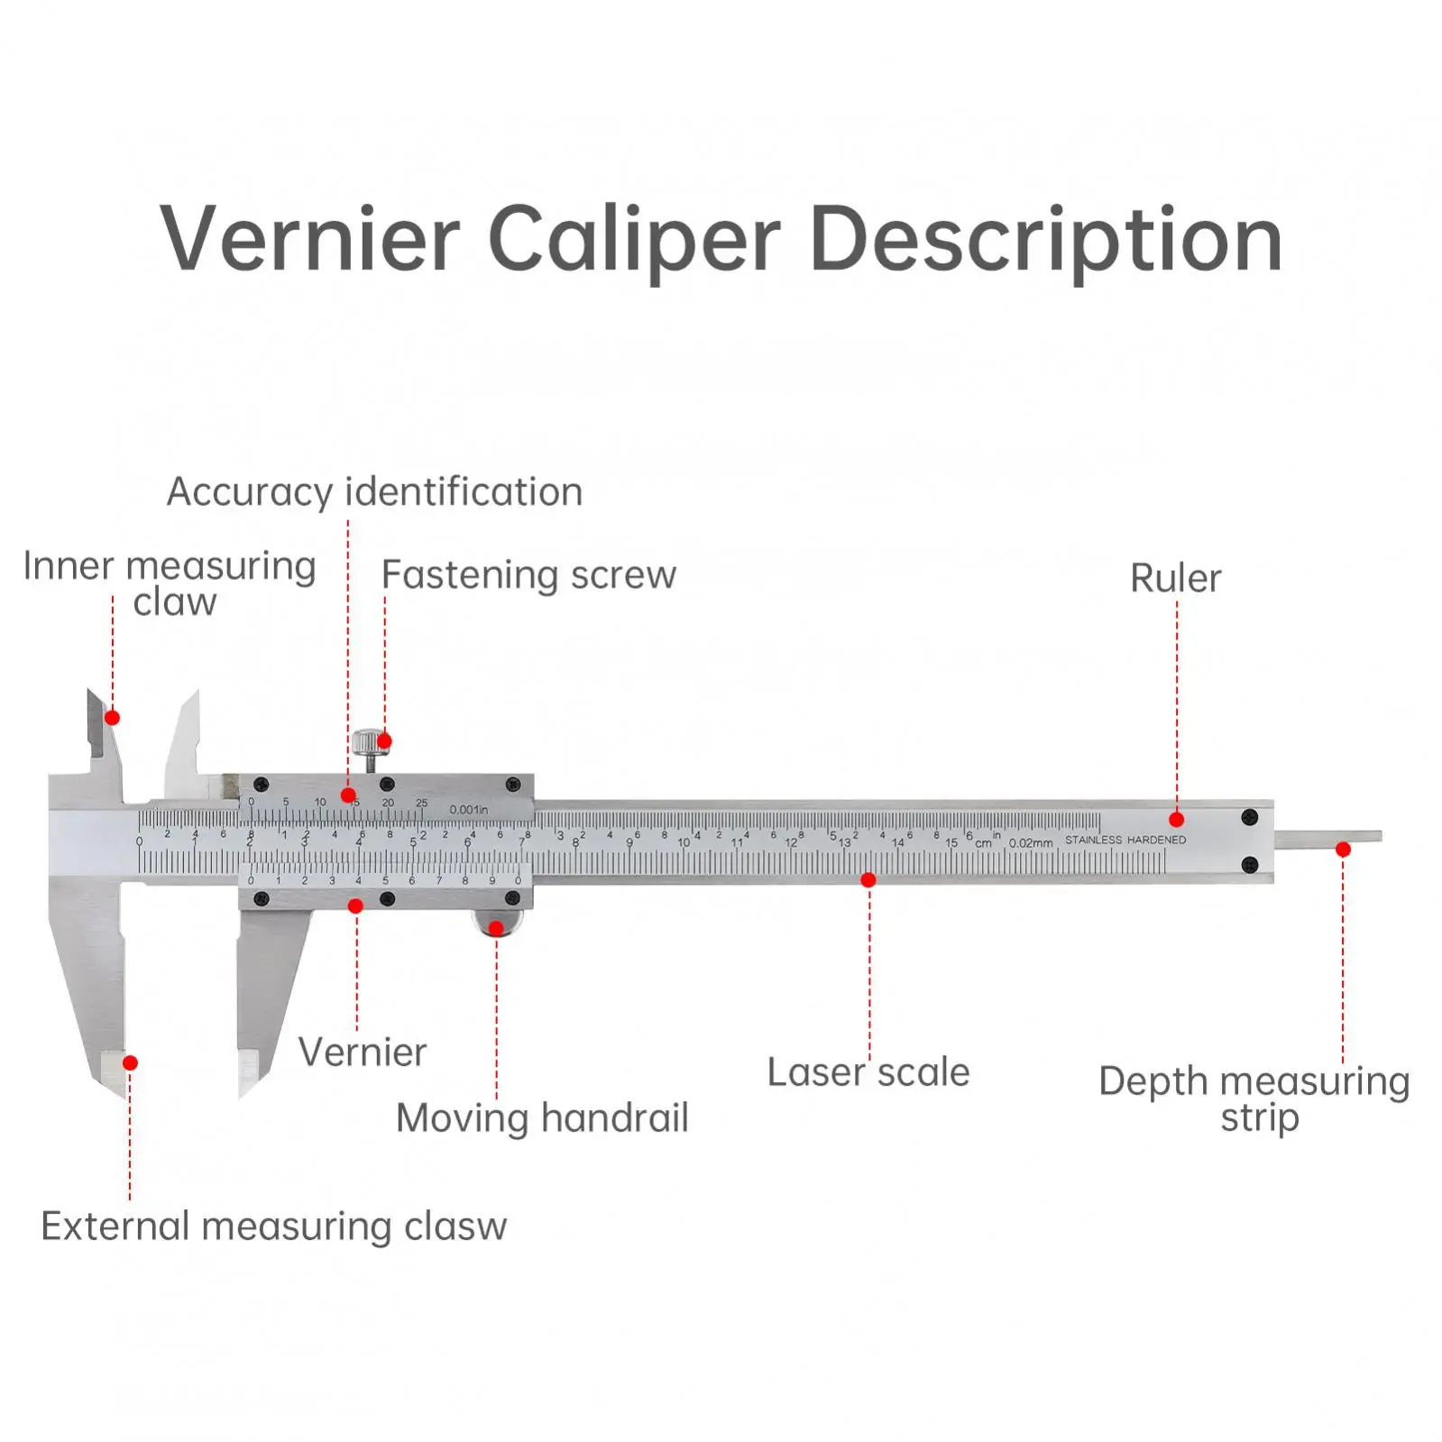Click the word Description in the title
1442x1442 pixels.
pyautogui.click(x=1046, y=240)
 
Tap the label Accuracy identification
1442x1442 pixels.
pyautogui.click(x=374, y=492)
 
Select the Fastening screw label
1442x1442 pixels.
pyautogui.click(x=528, y=575)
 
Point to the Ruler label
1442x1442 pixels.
pyautogui.click(x=1175, y=579)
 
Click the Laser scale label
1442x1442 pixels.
pyautogui.click(x=868, y=1072)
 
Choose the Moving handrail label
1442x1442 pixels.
pyautogui.click(x=542, y=1118)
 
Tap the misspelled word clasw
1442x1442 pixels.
pyautogui.click(x=455, y=1226)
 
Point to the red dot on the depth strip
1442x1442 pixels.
pyautogui.click(x=1343, y=850)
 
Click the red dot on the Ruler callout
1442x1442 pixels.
pyautogui.click(x=1176, y=820)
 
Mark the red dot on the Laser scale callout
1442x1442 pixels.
pyautogui.click(x=868, y=880)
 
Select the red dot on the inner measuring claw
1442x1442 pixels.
pyautogui.click(x=113, y=718)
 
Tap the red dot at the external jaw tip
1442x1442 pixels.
pyautogui.click(x=130, y=1063)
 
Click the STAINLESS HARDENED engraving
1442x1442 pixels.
pyautogui.click(x=1125, y=840)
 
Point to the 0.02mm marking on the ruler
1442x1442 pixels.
pyautogui.click(x=1031, y=843)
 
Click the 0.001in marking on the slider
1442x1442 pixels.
pyautogui.click(x=469, y=809)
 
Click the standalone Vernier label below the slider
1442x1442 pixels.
pyautogui.click(x=363, y=1052)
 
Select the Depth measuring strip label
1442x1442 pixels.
pyautogui.click(x=1254, y=1098)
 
